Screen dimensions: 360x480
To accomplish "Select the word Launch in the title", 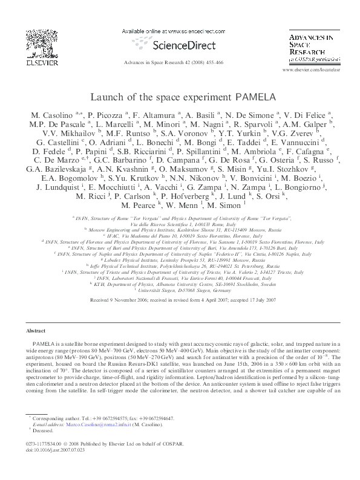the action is click(105, 96).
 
